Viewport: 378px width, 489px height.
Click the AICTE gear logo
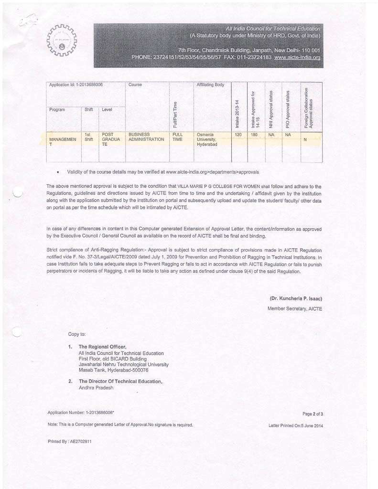(x=62, y=41)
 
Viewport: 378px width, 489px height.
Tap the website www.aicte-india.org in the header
(x=297, y=57)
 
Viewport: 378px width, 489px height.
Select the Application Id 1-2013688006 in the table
(x=76, y=85)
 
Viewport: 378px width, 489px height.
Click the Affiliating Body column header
(x=210, y=85)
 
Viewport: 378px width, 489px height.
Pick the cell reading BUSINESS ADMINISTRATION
(x=146, y=137)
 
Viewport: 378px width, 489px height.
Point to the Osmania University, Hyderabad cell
(x=207, y=139)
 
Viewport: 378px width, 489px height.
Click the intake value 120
(x=238, y=135)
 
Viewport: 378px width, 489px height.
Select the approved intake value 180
(x=254, y=135)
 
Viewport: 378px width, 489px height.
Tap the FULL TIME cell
(x=177, y=137)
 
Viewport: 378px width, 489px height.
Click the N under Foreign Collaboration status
(x=305, y=140)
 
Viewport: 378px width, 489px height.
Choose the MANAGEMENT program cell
(x=63, y=142)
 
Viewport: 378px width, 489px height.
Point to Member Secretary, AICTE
(x=294, y=309)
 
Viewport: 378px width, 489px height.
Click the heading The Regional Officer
(x=102, y=347)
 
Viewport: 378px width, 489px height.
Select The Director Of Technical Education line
(x=120, y=381)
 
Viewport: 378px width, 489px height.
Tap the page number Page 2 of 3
(x=313, y=414)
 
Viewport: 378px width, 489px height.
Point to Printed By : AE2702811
(x=70, y=441)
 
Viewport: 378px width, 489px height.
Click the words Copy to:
(x=77, y=334)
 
